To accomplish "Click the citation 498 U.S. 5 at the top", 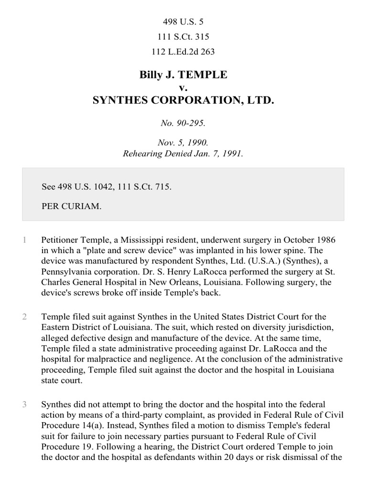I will click(x=183, y=21).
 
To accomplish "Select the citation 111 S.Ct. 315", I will click(x=183, y=37).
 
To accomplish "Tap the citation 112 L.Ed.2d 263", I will click(x=183, y=52).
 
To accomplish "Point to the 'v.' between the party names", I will click(x=183, y=88).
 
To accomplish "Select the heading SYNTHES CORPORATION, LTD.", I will click(x=183, y=101).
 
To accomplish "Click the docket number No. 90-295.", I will click(x=183, y=123).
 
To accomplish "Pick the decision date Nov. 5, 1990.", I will click(x=183, y=143).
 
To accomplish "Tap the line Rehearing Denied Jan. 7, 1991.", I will click(x=183, y=154).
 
